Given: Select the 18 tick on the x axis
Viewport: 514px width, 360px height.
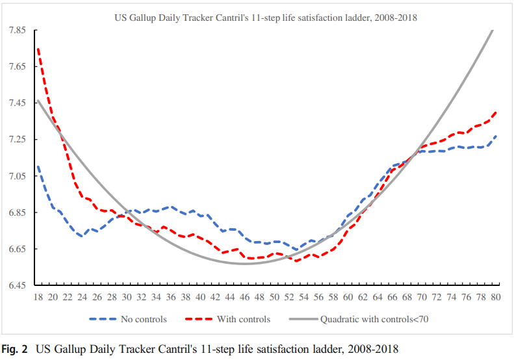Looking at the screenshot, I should pyautogui.click(x=38, y=297).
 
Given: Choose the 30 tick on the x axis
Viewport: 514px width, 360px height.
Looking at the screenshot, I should pyautogui.click(x=127, y=297).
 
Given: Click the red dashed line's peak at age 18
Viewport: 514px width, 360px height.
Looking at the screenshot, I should pyautogui.click(x=38, y=49).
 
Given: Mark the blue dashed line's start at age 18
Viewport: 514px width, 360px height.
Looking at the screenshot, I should pyautogui.click(x=38, y=166).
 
